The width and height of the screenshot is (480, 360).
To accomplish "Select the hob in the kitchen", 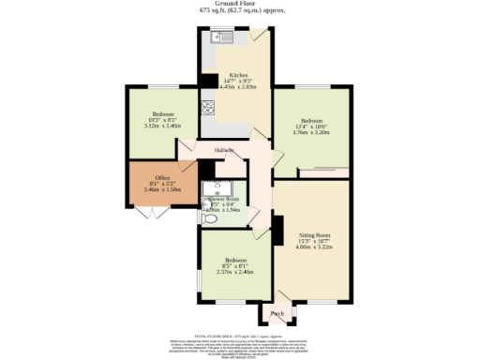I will (205, 104).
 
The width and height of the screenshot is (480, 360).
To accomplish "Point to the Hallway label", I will (224, 150).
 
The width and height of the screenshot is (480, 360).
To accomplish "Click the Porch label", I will (277, 313).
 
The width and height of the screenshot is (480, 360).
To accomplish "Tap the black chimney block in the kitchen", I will (208, 81).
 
